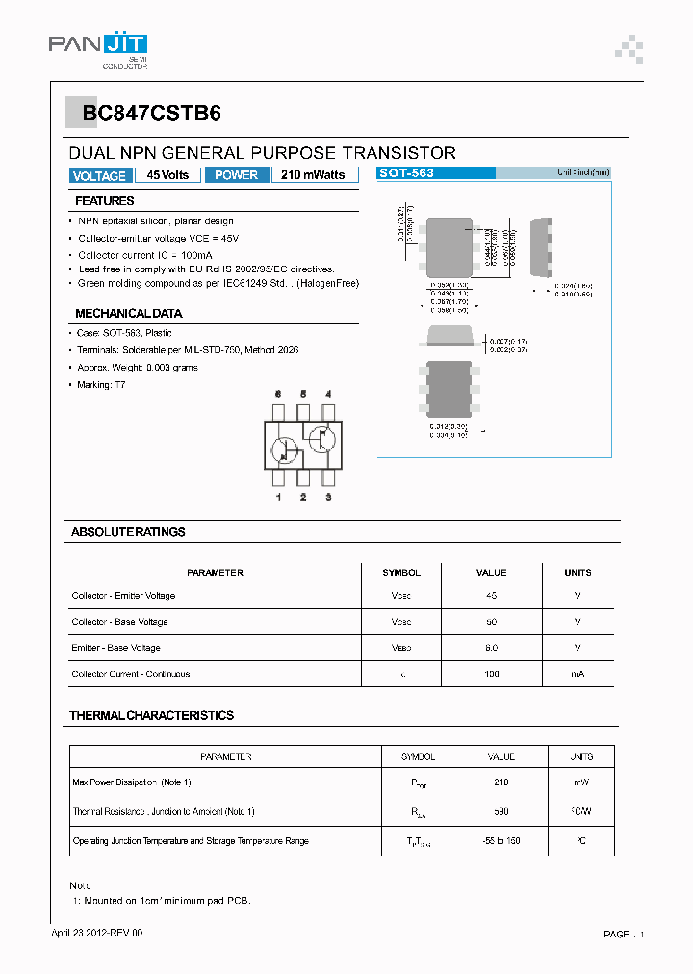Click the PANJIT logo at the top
point(97,46)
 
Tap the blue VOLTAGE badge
point(99,176)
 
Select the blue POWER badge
point(236,175)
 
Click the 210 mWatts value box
point(313,175)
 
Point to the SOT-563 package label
point(406,173)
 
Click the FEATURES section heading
point(105,201)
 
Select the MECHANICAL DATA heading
point(129,314)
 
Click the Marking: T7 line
point(102,384)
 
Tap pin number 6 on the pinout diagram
point(278,395)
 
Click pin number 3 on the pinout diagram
point(328,498)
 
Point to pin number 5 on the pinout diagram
point(303,395)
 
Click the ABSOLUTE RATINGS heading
point(128,532)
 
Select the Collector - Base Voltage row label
point(120,622)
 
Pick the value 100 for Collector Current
point(492,674)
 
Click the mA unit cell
point(577,674)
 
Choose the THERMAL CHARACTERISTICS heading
point(151,716)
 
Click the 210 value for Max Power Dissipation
point(501,783)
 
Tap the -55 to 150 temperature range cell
point(501,841)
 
